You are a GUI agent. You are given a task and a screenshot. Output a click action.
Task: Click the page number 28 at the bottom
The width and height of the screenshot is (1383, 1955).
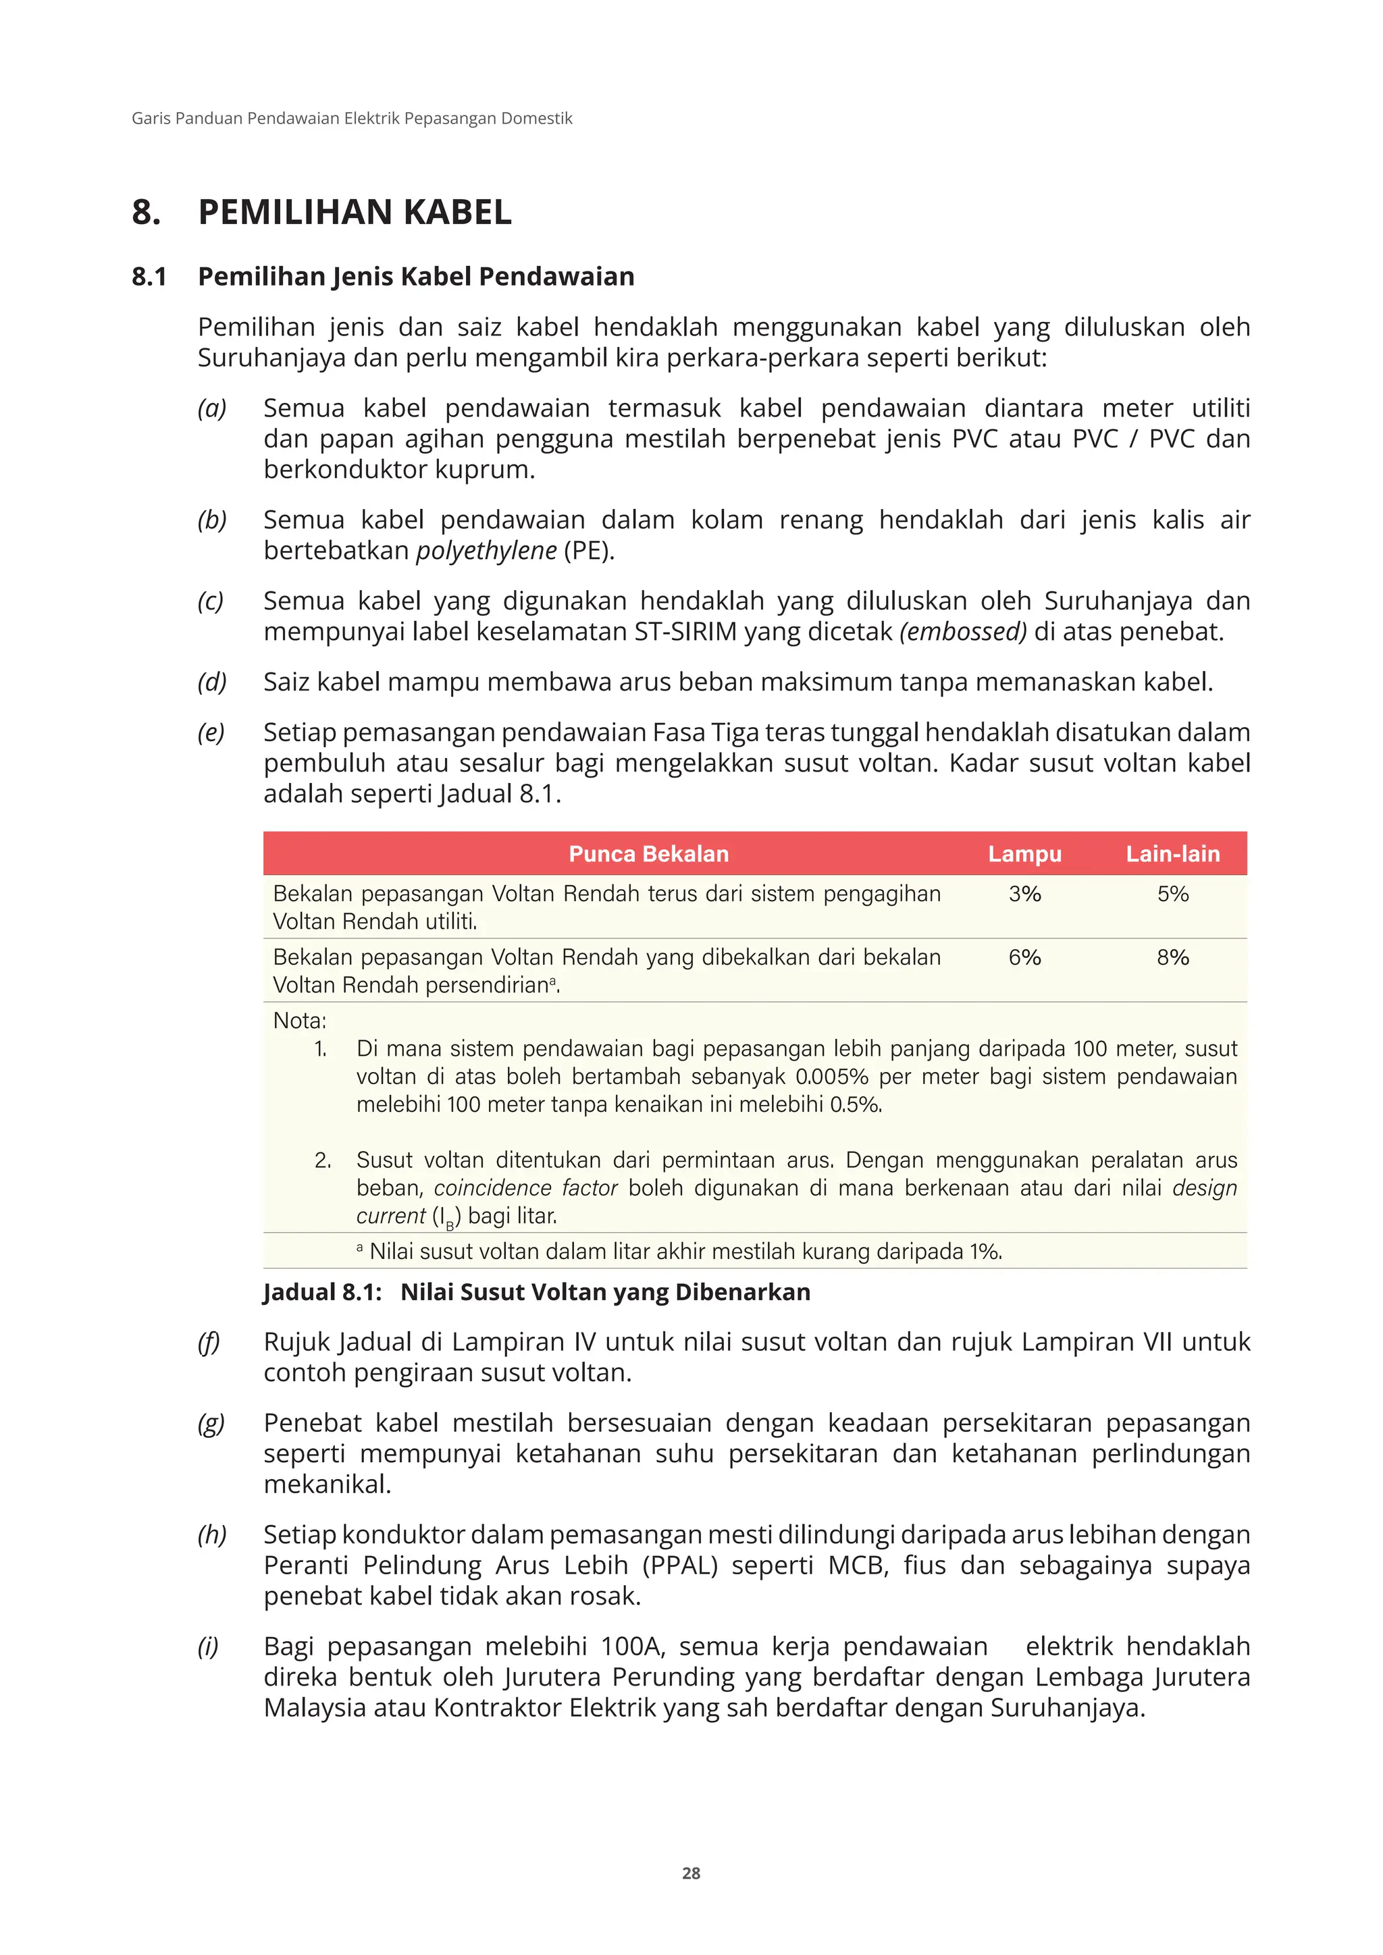click(691, 1873)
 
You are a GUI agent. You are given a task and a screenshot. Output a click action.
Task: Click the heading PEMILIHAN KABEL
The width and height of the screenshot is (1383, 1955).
click(355, 212)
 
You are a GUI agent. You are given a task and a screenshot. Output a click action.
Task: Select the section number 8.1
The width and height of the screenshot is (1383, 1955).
click(149, 277)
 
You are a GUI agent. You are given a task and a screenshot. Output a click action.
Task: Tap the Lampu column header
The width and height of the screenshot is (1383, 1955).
click(1024, 854)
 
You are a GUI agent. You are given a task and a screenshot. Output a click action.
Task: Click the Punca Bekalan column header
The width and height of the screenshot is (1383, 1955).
click(648, 854)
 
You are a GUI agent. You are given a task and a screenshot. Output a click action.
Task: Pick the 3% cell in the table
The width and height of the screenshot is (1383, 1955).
click(1024, 894)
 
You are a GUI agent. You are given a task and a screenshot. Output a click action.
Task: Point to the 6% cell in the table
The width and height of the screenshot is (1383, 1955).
click(1024, 957)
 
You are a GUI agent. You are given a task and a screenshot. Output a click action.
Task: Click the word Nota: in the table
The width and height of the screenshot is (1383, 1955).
click(300, 1020)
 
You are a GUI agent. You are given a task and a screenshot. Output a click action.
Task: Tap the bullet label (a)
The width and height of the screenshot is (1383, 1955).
click(212, 408)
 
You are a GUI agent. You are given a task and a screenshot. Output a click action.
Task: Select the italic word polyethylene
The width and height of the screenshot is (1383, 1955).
click(486, 551)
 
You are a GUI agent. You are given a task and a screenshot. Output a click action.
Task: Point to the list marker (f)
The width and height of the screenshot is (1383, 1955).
click(209, 1342)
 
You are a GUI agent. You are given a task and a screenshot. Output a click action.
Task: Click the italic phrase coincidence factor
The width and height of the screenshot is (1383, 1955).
click(525, 1188)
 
